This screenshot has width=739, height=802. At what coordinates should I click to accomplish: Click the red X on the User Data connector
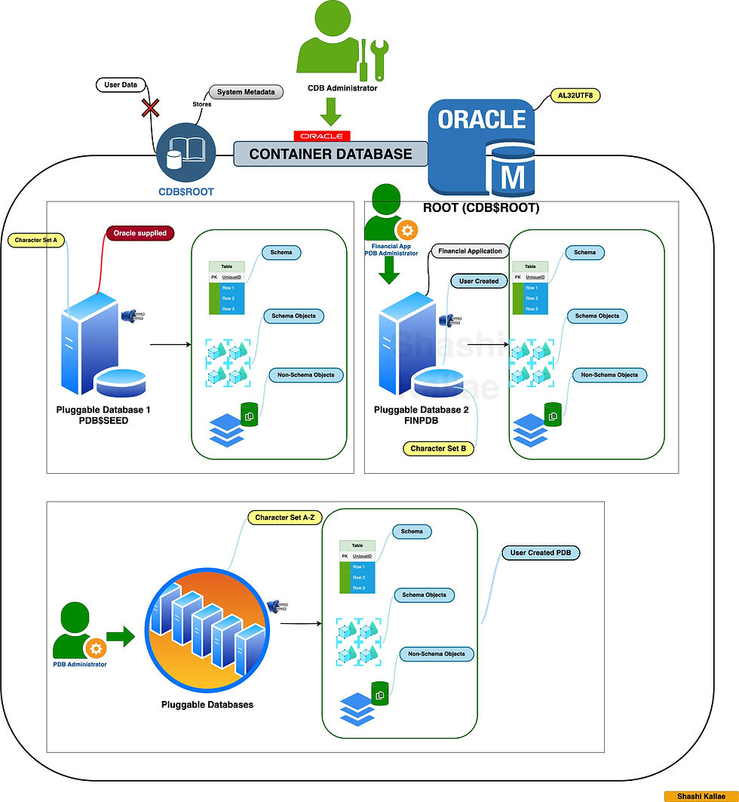(x=151, y=109)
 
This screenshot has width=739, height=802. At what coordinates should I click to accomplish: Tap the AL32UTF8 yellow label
(x=571, y=96)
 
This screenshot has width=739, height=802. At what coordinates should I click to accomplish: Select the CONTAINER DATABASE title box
(x=330, y=154)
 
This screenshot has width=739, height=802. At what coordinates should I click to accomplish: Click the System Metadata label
(x=246, y=92)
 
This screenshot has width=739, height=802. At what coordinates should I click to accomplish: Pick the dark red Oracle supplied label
(x=140, y=233)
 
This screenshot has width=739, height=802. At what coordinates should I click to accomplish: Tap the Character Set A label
(x=36, y=240)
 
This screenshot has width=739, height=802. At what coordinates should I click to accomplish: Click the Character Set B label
(x=437, y=449)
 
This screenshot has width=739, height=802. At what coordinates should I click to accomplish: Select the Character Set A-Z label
(x=284, y=518)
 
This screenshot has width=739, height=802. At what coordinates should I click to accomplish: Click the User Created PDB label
(x=541, y=553)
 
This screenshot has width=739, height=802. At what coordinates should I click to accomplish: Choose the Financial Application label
(x=469, y=251)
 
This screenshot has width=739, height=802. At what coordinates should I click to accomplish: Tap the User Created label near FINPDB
(x=479, y=281)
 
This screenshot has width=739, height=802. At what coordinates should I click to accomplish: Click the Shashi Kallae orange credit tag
(x=700, y=796)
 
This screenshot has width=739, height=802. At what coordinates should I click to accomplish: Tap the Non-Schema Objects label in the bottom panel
(x=437, y=654)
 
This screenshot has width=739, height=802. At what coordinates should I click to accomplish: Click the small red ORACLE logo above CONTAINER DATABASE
(x=322, y=136)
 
